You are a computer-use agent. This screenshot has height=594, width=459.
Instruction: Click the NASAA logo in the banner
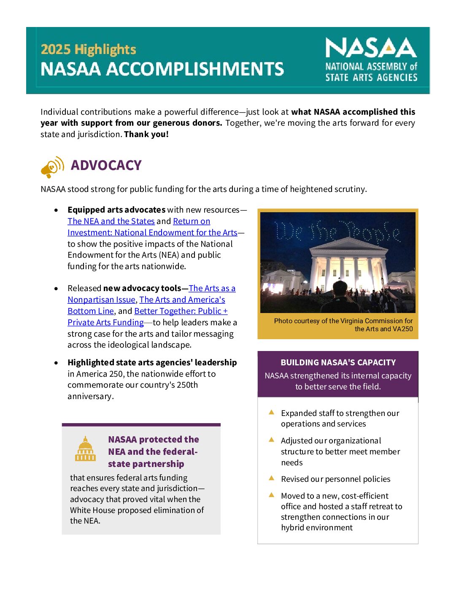point(371,59)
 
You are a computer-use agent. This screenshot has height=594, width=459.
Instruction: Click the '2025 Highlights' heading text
point(88,49)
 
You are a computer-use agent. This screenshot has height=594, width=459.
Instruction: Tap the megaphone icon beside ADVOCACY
point(52,167)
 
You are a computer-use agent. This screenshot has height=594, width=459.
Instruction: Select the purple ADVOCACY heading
point(106,165)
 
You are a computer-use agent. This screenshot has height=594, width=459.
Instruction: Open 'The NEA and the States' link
point(111,221)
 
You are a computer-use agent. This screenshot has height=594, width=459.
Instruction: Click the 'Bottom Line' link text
point(91,311)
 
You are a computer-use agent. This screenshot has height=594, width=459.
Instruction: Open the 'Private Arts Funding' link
point(105,322)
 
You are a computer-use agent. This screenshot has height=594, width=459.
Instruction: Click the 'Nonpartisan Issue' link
point(101,300)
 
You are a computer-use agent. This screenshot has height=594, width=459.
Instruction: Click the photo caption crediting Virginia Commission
point(343,325)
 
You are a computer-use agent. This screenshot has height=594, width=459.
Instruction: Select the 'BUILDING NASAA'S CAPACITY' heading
point(338,362)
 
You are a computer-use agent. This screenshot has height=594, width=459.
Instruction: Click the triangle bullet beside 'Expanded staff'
point(272,413)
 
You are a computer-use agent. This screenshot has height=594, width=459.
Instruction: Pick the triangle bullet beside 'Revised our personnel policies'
point(272,478)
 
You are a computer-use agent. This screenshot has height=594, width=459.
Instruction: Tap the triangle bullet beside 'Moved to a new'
point(272,495)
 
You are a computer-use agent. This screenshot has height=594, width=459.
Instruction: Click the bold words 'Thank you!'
point(146,134)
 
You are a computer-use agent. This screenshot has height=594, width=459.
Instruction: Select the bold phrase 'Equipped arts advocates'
point(116,210)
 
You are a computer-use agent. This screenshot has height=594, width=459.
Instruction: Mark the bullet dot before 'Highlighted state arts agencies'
point(56,363)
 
